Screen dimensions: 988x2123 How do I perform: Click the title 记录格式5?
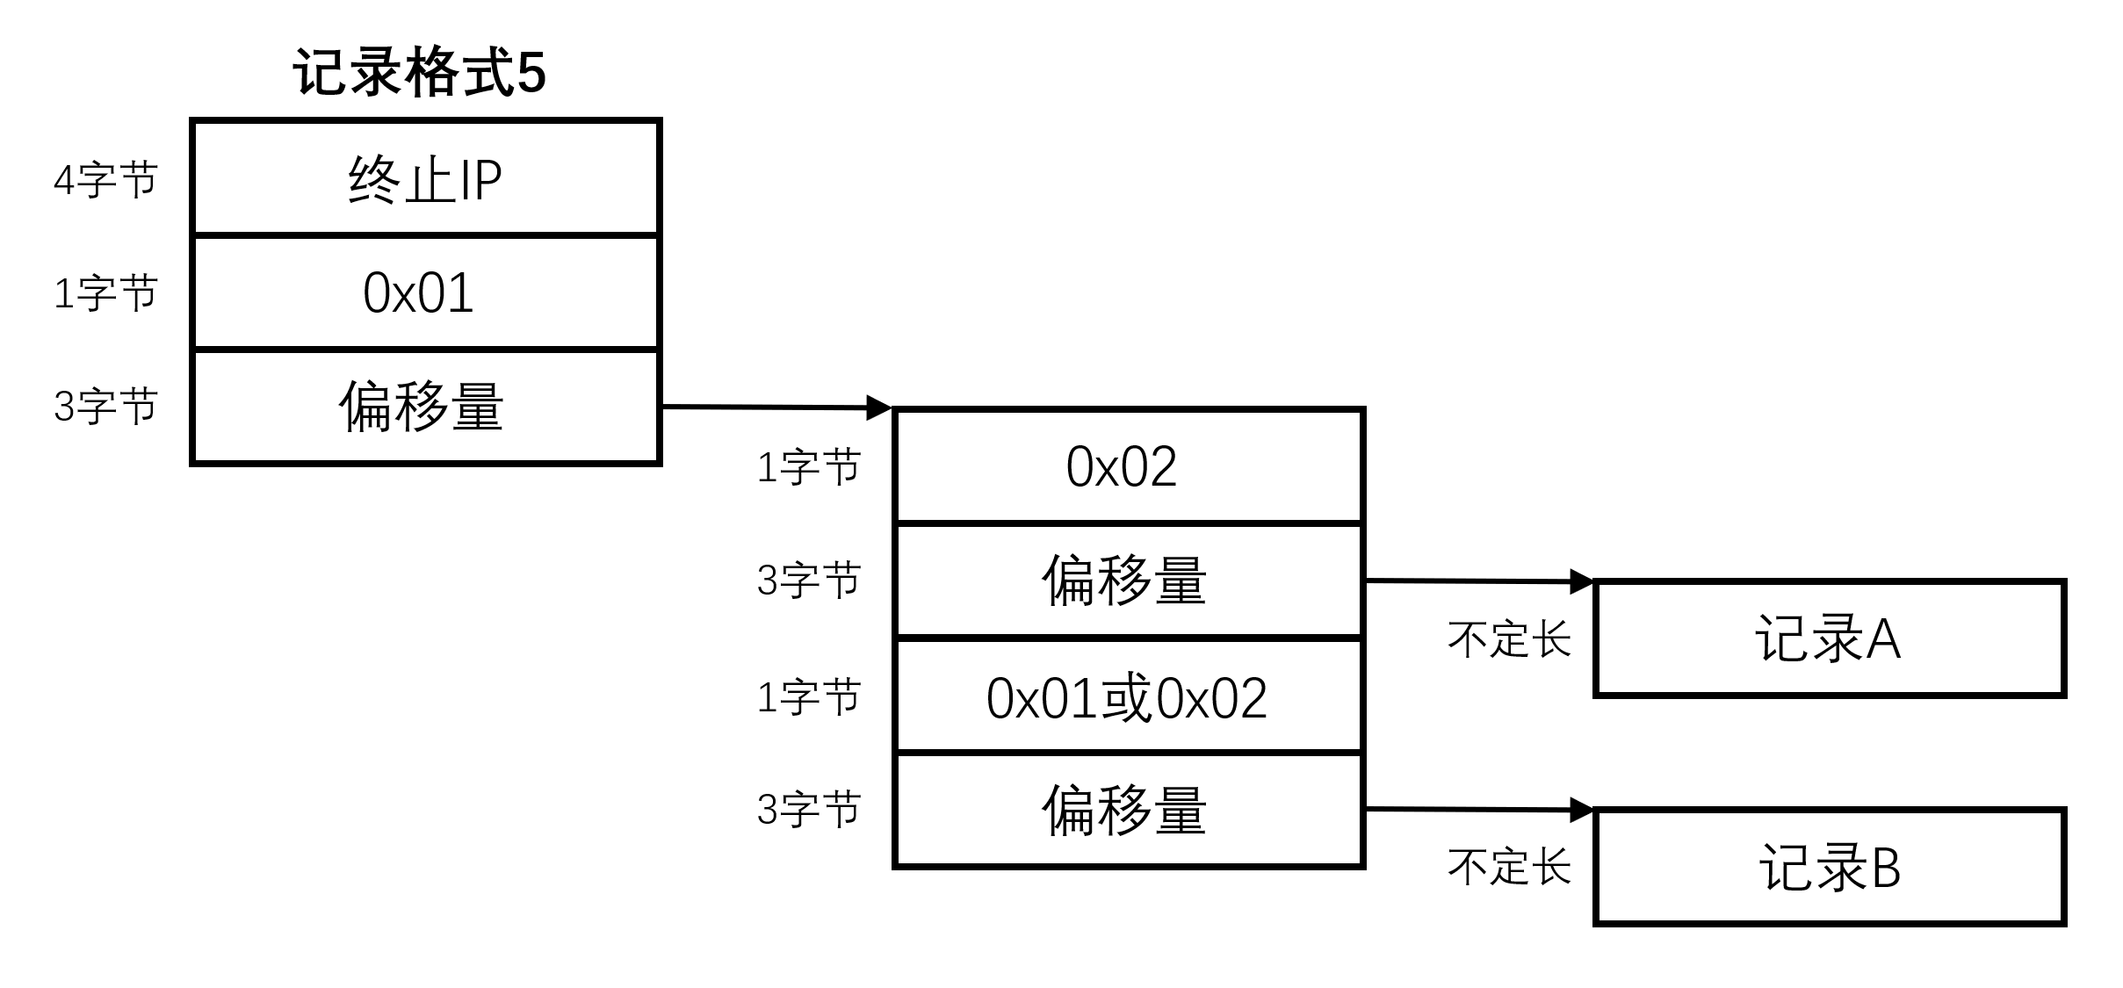pyautogui.click(x=419, y=73)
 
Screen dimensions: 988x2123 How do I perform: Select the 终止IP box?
pyautogui.click(x=425, y=179)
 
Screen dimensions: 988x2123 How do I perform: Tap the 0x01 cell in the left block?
pyautogui.click(x=425, y=292)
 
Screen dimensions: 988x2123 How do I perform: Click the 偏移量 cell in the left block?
pyautogui.click(x=425, y=407)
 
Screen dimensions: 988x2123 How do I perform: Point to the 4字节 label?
pyautogui.click(x=105, y=180)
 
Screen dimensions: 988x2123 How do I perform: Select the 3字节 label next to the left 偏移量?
pyautogui.click(x=105, y=407)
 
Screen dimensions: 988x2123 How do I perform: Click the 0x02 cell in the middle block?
pyautogui.click(x=1128, y=466)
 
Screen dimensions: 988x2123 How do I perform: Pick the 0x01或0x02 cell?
pyautogui.click(x=1128, y=698)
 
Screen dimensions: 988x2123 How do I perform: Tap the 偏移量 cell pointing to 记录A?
pyautogui.click(x=1128, y=581)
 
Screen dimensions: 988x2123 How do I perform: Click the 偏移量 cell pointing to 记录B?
pyautogui.click(x=1128, y=810)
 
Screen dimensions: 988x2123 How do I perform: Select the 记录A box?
pyautogui.click(x=1829, y=638)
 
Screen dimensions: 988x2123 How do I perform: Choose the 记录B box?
pyautogui.click(x=1829, y=868)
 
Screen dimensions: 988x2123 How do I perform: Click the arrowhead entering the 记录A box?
pyautogui.click(x=1582, y=581)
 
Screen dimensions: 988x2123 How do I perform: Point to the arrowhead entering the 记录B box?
pyautogui.click(x=1582, y=810)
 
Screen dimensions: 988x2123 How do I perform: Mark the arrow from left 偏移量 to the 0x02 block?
pyautogui.click(x=773, y=407)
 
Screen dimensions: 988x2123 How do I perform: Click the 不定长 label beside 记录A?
pyautogui.click(x=1508, y=639)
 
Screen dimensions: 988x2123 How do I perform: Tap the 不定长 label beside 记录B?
pyautogui.click(x=1508, y=868)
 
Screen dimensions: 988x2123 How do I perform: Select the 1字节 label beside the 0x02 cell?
pyautogui.click(x=808, y=467)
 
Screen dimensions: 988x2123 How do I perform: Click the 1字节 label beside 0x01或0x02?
pyautogui.click(x=808, y=698)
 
